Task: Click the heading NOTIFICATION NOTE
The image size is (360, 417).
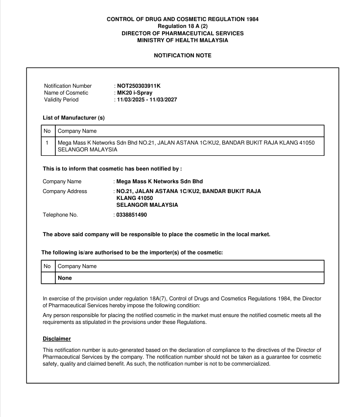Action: point(183,56)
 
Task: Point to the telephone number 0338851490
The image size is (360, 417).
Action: point(132,215)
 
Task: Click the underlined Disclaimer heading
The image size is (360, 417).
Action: point(57,338)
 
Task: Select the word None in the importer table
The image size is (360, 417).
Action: point(65,278)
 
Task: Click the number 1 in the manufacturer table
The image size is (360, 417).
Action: point(47,143)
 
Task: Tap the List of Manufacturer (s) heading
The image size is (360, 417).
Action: point(73,118)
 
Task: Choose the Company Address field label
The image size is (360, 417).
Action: point(65,191)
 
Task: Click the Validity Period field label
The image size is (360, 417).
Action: point(61,100)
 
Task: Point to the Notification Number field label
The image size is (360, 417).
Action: point(68,86)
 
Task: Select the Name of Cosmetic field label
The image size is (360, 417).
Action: point(66,93)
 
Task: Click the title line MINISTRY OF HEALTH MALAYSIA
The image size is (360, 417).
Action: point(183,40)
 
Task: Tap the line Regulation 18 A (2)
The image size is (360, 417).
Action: point(183,26)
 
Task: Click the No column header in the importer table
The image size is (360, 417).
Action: point(48,266)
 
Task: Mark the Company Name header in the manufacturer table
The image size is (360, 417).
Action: point(77,131)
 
